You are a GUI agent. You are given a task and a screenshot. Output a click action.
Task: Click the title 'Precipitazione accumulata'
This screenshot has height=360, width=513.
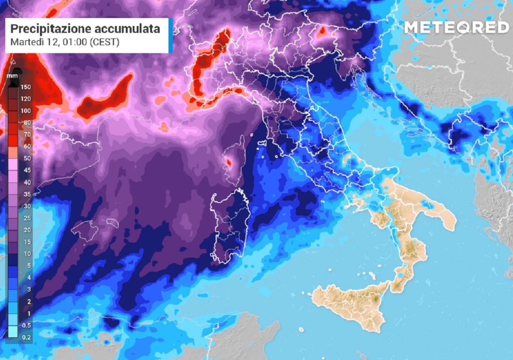click(85, 29)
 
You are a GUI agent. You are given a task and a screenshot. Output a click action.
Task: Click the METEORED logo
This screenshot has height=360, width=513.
click(456, 27)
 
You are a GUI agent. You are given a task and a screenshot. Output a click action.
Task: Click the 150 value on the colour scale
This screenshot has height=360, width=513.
click(26, 87)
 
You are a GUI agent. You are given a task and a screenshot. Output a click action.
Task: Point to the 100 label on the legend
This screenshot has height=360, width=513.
click(26, 111)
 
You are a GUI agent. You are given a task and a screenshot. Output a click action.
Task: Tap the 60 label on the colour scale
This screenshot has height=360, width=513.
click(26, 146)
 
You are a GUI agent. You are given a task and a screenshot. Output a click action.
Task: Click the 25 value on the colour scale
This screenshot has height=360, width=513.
click(26, 218)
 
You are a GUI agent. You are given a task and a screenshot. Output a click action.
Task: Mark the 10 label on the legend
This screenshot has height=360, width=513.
click(26, 253)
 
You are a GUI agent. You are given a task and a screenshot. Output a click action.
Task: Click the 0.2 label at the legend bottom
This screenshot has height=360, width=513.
click(26, 337)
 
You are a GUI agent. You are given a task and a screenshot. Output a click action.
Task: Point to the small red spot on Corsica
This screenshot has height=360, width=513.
click(228, 162)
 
